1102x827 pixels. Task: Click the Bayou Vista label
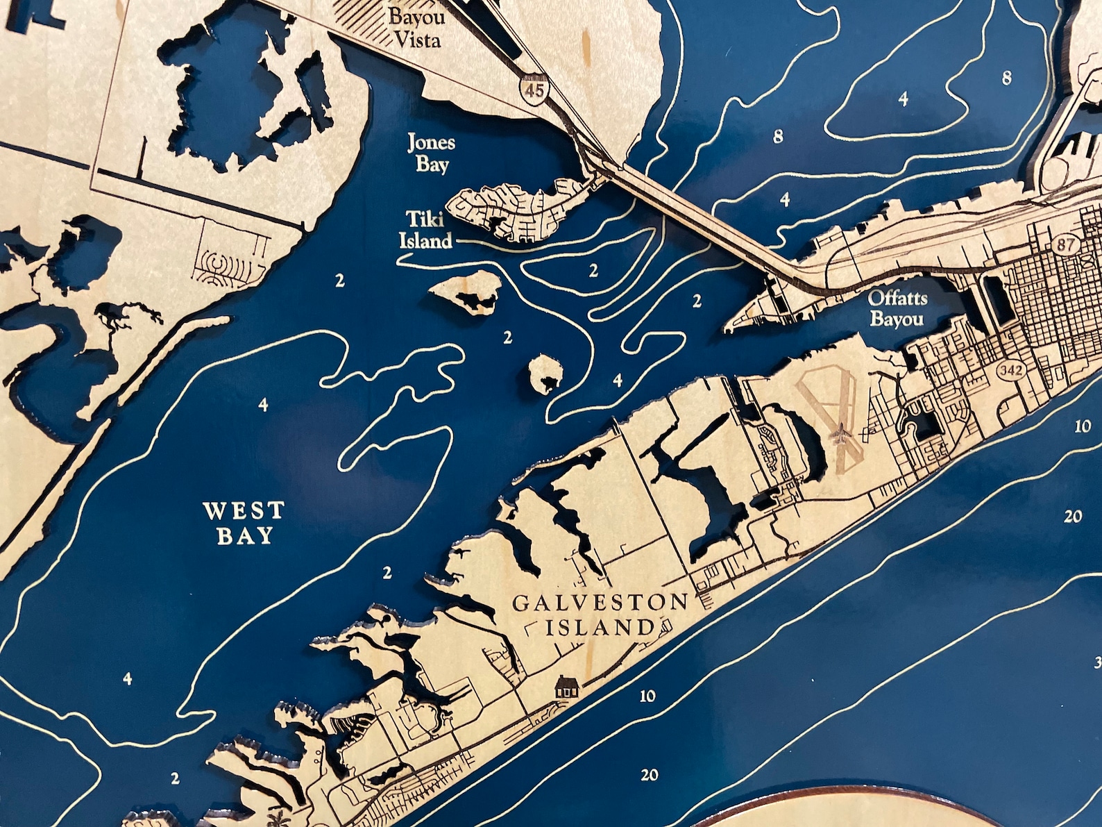point(416,28)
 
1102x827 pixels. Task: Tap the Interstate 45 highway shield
point(534,88)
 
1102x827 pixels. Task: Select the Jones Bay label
point(431,153)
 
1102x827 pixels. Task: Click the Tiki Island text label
point(425,230)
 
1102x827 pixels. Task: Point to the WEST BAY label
point(244,523)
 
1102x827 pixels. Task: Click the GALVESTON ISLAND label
point(600,615)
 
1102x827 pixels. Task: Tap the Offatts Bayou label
point(897,309)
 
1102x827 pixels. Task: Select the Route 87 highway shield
point(1062,244)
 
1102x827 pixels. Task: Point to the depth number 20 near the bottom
point(649,775)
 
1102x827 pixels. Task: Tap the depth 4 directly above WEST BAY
point(262,405)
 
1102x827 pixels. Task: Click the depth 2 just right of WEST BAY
point(387,573)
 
